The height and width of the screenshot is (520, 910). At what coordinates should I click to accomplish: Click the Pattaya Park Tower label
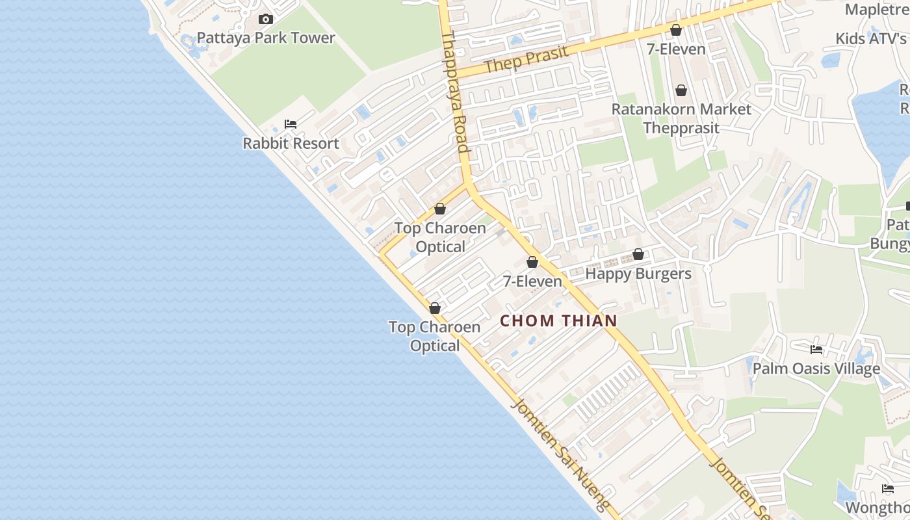coord(266,38)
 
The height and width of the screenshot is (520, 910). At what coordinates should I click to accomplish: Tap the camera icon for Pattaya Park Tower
coord(266,19)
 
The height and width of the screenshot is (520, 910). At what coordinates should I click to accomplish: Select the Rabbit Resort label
coord(291,143)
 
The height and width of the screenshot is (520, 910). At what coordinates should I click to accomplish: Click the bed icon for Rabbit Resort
coord(291,124)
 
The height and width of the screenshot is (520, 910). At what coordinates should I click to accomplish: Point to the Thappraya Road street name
coord(455,91)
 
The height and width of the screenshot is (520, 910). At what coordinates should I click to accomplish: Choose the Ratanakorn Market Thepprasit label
coord(681,118)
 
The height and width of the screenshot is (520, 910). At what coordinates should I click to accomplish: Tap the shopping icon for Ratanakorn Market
coord(681,90)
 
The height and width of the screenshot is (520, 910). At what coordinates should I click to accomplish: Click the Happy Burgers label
coord(638,274)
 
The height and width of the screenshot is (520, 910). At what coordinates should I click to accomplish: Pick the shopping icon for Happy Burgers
coord(638,255)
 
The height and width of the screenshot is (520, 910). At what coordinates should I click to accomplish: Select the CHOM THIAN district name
coord(558,320)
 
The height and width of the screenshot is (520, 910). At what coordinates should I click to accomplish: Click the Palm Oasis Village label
coord(816,369)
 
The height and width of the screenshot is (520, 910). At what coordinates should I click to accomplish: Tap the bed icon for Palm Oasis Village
coord(816,350)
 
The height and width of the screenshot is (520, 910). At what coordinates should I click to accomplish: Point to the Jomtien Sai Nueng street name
coord(561,455)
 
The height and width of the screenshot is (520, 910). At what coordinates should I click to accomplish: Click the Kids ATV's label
coord(871,38)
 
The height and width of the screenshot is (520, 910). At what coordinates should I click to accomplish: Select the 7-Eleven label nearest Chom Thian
coord(532,281)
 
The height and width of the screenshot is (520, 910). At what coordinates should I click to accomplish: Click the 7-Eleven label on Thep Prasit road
coord(676,49)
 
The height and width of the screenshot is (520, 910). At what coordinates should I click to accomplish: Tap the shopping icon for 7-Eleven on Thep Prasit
coord(676,30)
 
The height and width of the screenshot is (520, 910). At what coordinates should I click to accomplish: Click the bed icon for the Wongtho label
coord(888,489)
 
